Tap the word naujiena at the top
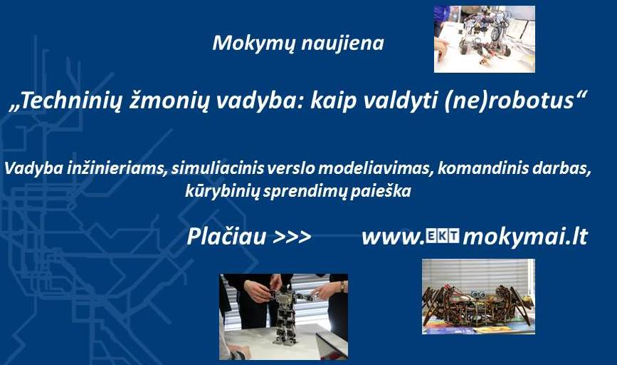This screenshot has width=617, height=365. click(342, 43)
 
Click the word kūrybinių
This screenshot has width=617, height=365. click(222, 192)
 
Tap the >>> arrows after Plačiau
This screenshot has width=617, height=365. click(292, 237)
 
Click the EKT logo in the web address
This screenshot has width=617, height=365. click(443, 236)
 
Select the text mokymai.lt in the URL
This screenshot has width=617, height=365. click(525, 237)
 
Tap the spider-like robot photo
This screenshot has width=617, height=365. click(478, 297)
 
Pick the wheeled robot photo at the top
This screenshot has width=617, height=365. click(485, 39)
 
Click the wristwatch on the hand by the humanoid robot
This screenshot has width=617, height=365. click(343, 287)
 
